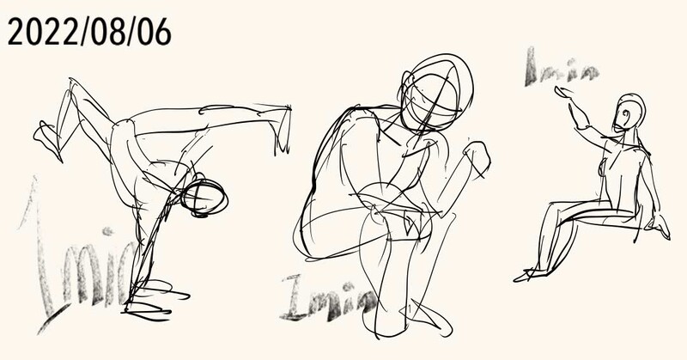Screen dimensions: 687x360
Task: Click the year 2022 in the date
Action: tap(35, 32)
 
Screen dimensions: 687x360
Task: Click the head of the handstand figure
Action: tap(204, 198)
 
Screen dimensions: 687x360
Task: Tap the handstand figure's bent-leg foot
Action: tap(47, 141)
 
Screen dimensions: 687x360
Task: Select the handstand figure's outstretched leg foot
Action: tap(282, 130)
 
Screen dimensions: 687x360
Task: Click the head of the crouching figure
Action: tap(436, 95)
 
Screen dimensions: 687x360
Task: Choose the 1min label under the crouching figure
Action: tap(330, 298)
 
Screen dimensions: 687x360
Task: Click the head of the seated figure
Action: tap(629, 113)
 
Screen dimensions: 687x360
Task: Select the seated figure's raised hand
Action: tap(565, 93)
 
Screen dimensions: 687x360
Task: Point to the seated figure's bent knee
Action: tap(553, 210)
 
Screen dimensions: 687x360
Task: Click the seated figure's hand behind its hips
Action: tap(660, 226)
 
